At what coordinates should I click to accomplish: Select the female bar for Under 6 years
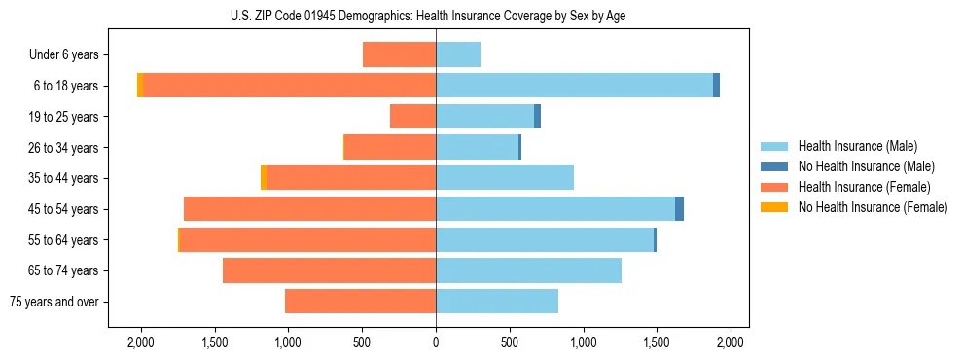pos(399,55)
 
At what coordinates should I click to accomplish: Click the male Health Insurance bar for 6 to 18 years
pos(574,86)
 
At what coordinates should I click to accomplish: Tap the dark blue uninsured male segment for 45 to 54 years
pos(679,209)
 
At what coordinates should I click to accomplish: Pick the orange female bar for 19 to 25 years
pos(412,117)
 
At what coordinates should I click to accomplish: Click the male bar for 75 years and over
pos(497,302)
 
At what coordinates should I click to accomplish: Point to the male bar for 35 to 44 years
pos(505,178)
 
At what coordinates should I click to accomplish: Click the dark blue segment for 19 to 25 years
pos(537,117)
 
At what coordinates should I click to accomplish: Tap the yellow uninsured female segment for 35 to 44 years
pos(264,178)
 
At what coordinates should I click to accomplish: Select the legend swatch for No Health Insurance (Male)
pos(774,166)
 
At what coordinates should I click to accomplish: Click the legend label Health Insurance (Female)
pos(865,187)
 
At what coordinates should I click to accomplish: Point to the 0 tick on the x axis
pos(436,342)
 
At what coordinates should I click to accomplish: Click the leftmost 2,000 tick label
pos(141,342)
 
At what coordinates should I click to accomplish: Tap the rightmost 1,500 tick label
pos(657,342)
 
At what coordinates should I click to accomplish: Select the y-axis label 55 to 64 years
pos(63,240)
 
